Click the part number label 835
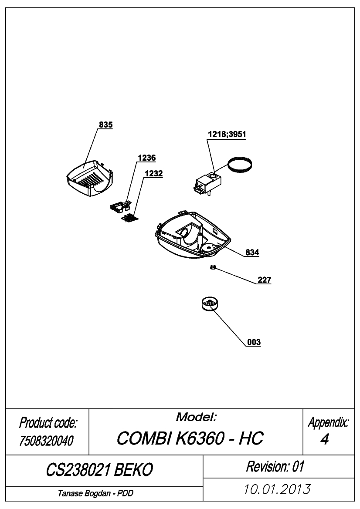[105, 125]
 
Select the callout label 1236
[146, 158]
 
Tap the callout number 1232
[154, 173]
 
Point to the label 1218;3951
[227, 134]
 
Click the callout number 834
[252, 252]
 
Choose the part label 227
[264, 280]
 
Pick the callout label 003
[254, 342]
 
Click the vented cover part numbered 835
[89, 178]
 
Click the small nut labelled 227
[213, 267]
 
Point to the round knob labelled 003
[210, 304]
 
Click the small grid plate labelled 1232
[129, 218]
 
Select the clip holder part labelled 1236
[120, 206]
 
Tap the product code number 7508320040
[46, 441]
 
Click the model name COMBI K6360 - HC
[190, 438]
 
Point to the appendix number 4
[324, 439]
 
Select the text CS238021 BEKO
[99, 470]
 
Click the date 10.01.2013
[277, 489]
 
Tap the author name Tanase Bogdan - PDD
[95, 493]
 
